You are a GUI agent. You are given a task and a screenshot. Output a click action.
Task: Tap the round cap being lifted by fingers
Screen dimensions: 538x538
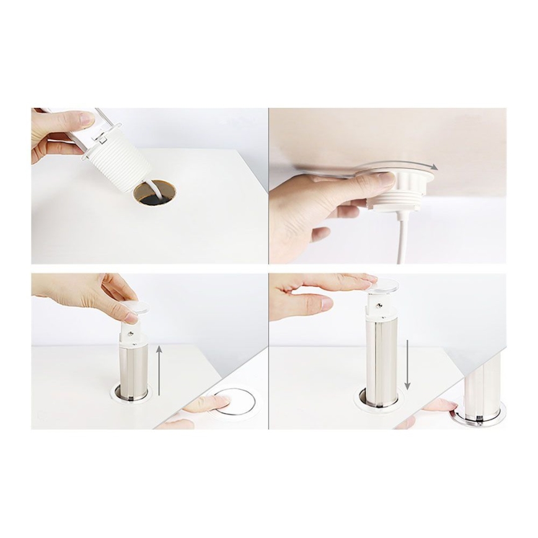click(x=138, y=307)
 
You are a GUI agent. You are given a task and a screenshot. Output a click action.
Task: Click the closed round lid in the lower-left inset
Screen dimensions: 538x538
click(x=235, y=402)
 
